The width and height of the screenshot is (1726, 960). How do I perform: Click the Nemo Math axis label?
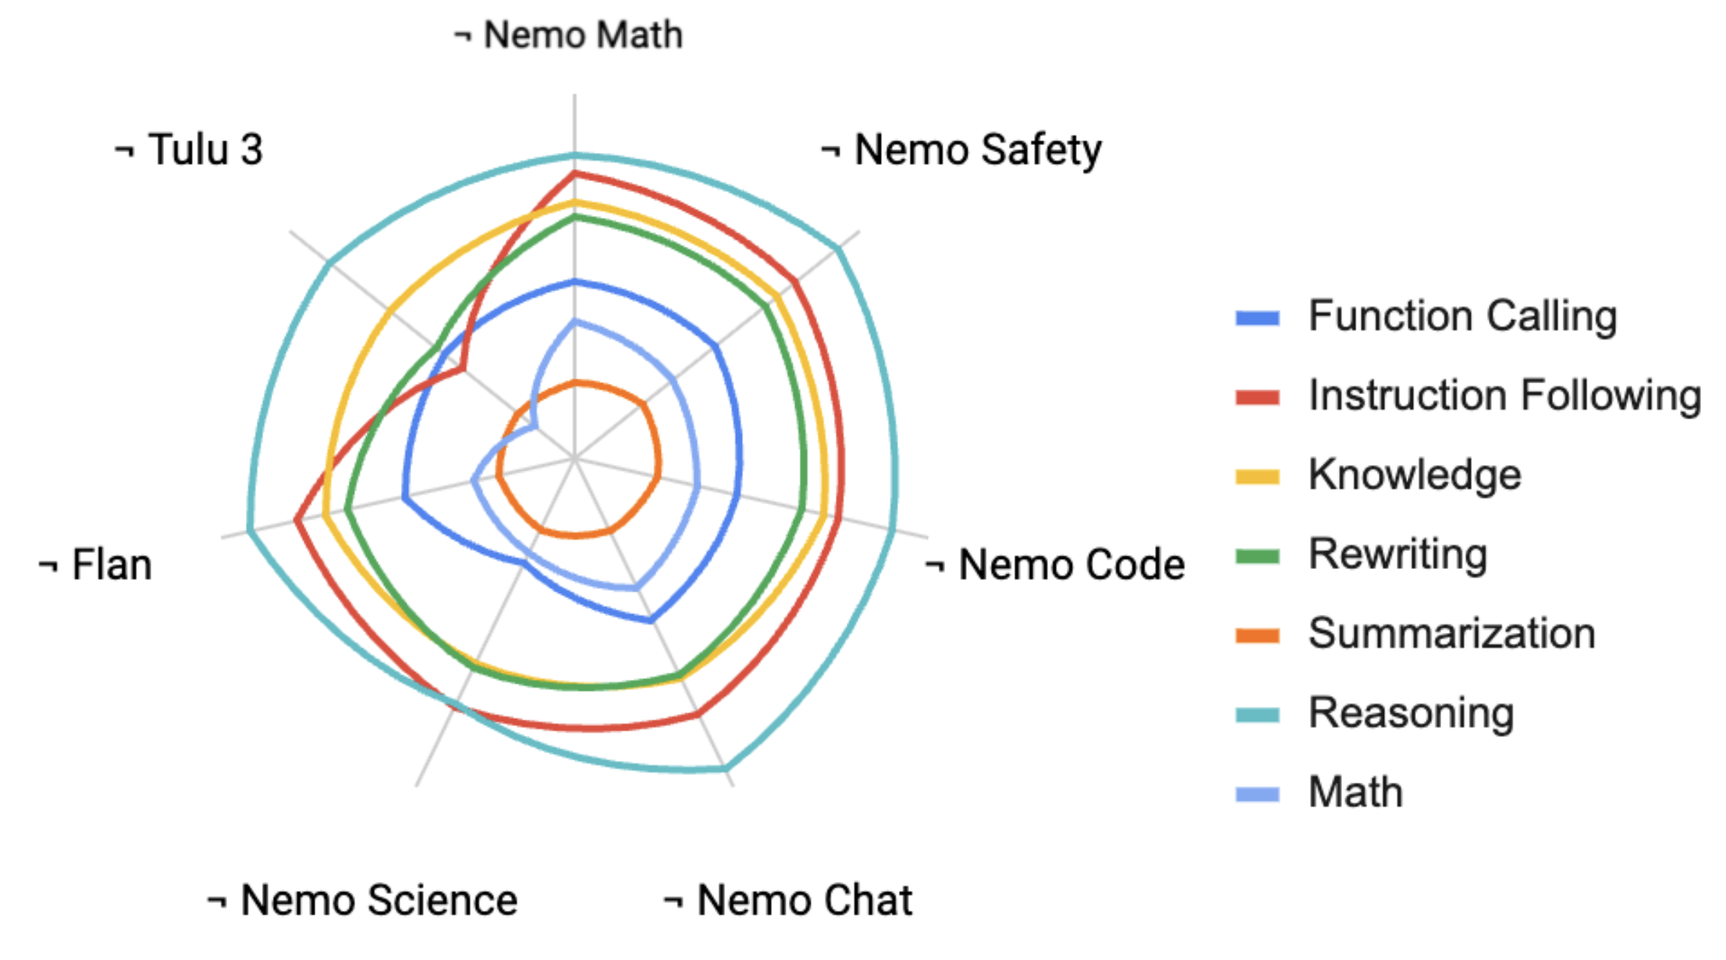(568, 35)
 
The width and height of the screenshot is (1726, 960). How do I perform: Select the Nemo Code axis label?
(1056, 564)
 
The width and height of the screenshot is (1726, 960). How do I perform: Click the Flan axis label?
(96, 564)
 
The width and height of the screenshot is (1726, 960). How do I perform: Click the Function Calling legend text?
(1462, 316)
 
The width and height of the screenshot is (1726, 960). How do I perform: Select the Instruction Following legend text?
(1504, 395)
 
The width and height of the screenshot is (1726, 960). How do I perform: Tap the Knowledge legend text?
(1415, 475)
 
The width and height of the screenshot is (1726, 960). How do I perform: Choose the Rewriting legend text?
(1397, 554)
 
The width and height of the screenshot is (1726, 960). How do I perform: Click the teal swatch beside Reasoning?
(1257, 714)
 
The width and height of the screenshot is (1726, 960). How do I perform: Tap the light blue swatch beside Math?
(1257, 794)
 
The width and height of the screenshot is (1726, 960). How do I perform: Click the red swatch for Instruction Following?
(1257, 397)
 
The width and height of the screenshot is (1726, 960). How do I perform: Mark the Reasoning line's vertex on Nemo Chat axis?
(726, 770)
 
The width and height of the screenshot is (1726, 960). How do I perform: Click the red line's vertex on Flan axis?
(297, 520)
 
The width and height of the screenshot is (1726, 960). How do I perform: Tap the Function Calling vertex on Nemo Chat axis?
(651, 621)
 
